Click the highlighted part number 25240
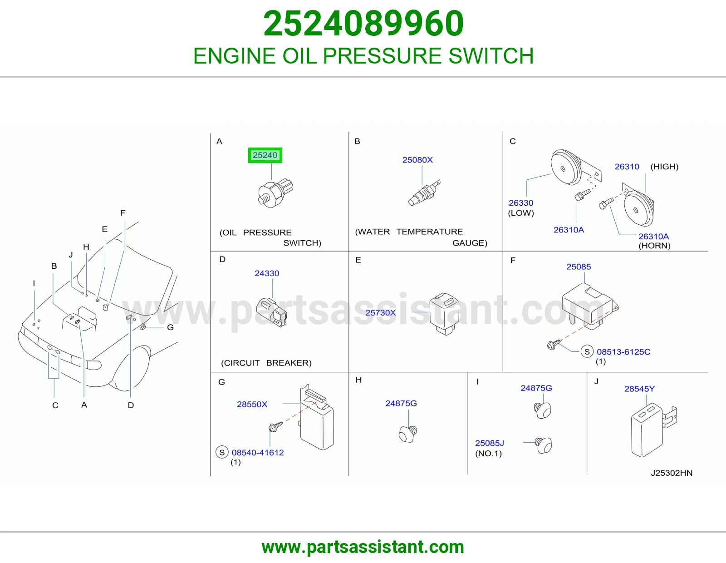pos(265,155)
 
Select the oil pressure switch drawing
pos(275,193)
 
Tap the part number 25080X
pos(417,160)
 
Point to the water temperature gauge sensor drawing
pos(424,193)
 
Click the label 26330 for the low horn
pos(521,202)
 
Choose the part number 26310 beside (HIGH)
pos(627,167)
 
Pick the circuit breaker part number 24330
pos(267,273)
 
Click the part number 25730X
pos(380,312)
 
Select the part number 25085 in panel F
pos(579,267)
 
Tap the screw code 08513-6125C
pos(623,352)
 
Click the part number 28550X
pos(252,404)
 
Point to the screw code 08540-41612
pos(258,452)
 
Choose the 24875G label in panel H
pos(401,403)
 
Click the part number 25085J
pos(490,443)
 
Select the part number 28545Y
pos(639,389)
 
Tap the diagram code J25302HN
pos(672,473)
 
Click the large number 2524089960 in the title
pos(363,23)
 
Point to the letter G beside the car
pos(171,327)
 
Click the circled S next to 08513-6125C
pos(587,351)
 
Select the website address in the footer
pos(363,547)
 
